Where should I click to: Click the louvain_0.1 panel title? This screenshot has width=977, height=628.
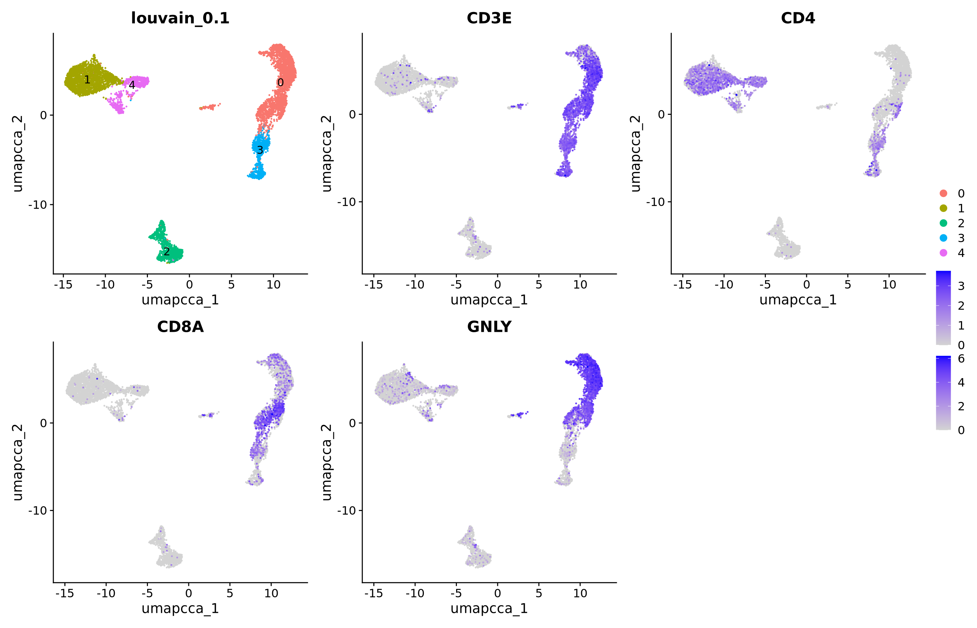pos(180,18)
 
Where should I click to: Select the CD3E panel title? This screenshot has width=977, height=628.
pos(489,18)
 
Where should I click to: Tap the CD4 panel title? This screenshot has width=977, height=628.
pos(797,18)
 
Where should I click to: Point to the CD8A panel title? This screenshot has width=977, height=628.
pos(180,327)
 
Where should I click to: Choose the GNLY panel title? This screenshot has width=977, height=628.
pos(489,327)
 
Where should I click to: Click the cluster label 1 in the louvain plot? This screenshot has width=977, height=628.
pos(87,80)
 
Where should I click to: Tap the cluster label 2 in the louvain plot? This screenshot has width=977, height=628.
pos(166,251)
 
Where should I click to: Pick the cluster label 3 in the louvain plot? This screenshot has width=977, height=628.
pos(260,150)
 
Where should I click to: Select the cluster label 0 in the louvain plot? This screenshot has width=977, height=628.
pos(280,83)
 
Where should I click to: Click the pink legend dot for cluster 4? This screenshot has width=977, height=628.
pos(943,253)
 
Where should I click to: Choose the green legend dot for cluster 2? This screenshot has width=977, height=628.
pos(943,223)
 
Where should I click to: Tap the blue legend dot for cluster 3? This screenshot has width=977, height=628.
pos(943,238)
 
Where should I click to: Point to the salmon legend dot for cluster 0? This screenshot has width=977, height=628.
pos(943,193)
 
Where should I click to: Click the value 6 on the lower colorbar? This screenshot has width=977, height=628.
pos(961,359)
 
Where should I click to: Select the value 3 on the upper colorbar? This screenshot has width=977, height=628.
pos(961,286)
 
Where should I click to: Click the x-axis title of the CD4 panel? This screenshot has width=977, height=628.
pos(797,300)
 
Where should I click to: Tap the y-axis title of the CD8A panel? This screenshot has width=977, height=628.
pos(17,462)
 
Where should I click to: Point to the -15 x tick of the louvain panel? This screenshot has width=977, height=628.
pos(63,285)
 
